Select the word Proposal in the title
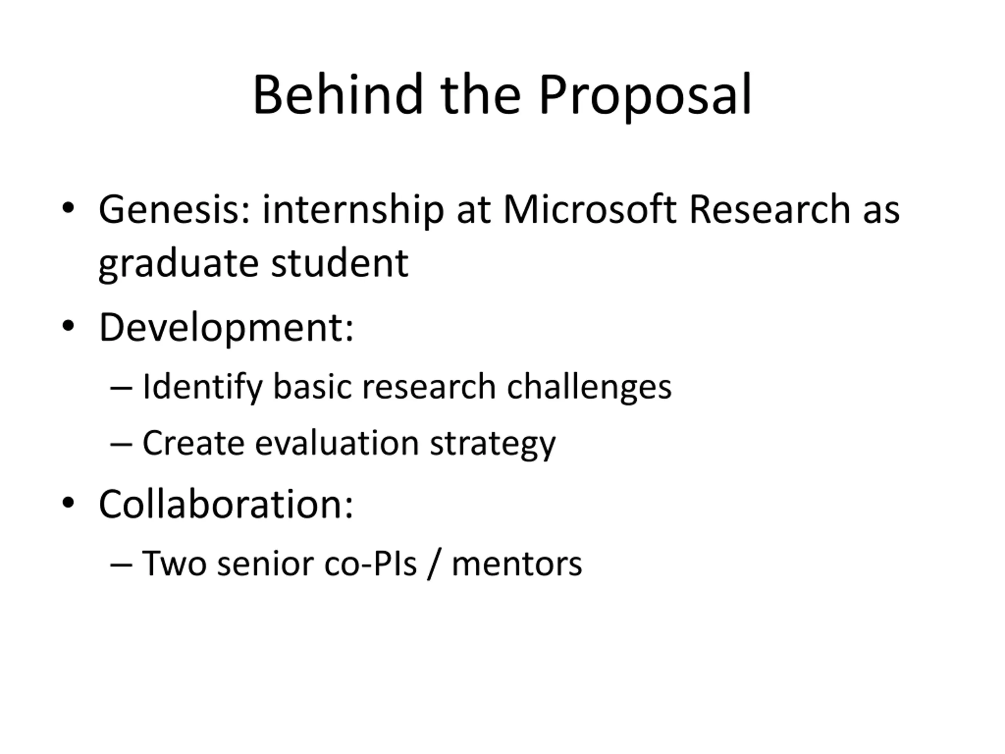coord(645,98)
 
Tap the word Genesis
coord(174,210)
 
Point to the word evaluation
coord(337,442)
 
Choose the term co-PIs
coord(370,564)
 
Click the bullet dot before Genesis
coord(68,208)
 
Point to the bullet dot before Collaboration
coord(68,503)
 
